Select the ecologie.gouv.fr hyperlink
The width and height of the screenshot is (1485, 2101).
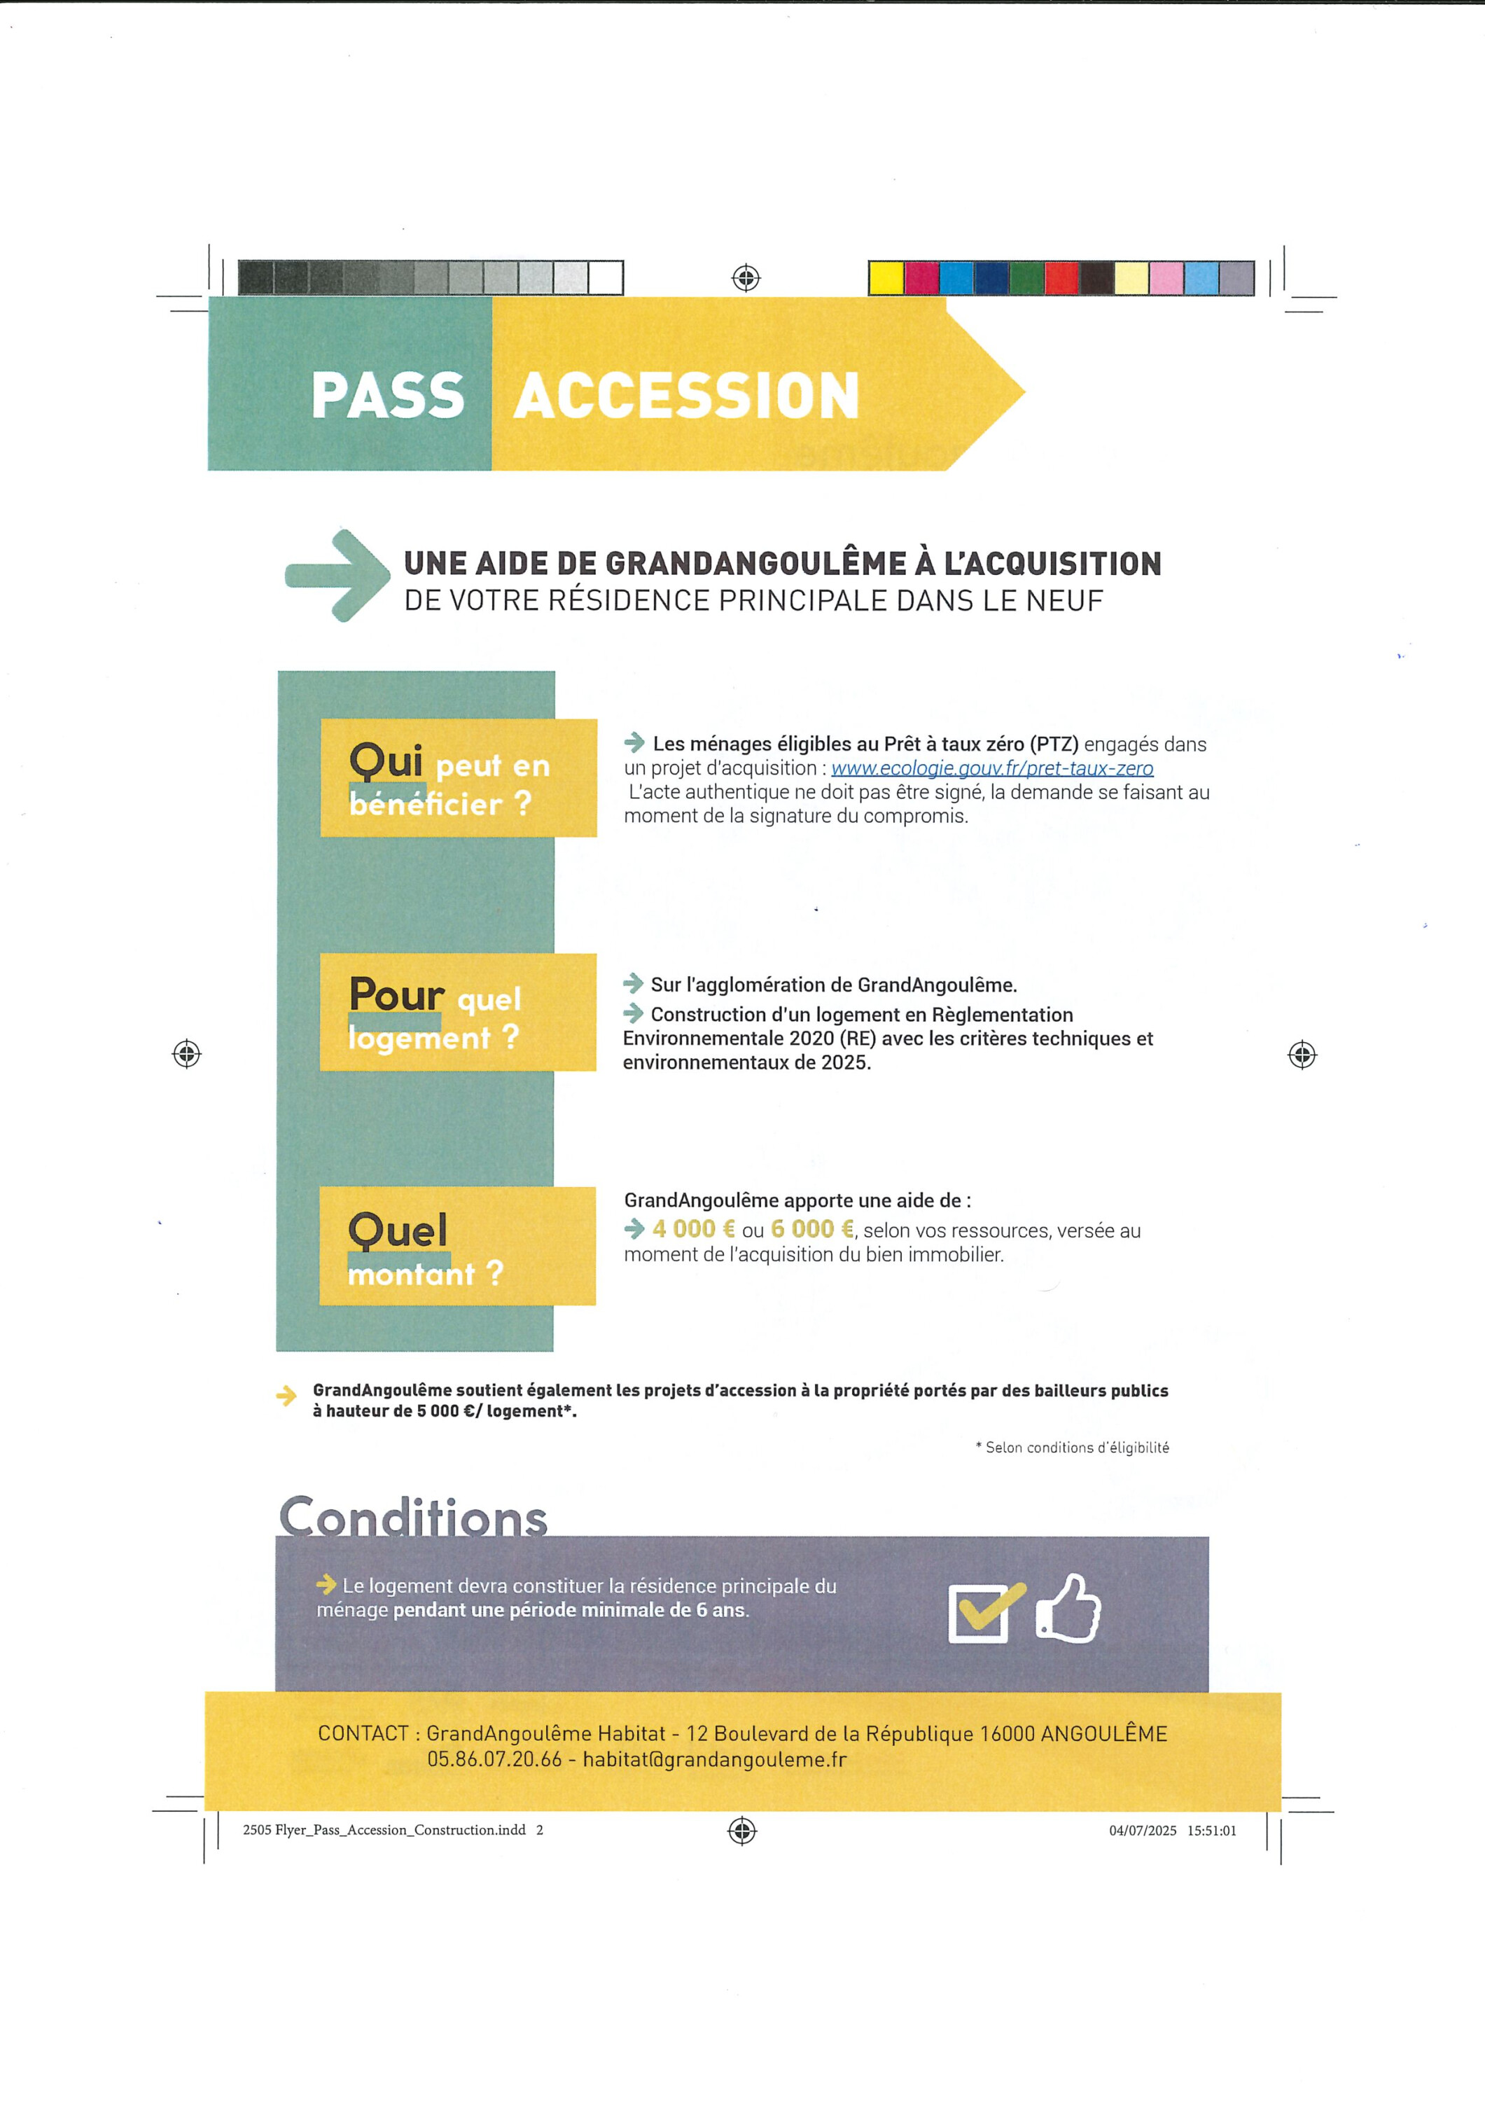tap(992, 769)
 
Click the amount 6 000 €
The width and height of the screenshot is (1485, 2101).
tap(811, 1229)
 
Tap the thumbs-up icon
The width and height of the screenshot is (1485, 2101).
tap(1068, 1609)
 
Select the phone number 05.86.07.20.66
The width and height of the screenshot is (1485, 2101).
tap(494, 1759)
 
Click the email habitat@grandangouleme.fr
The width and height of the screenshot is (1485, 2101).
tap(715, 1759)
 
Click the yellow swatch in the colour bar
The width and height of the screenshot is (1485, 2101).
tap(886, 278)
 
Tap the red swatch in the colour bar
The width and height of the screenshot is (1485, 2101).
tap(1061, 278)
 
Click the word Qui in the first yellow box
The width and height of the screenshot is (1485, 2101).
tap(386, 761)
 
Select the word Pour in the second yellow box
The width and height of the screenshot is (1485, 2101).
tap(396, 994)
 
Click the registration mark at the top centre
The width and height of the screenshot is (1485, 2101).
tap(746, 277)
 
